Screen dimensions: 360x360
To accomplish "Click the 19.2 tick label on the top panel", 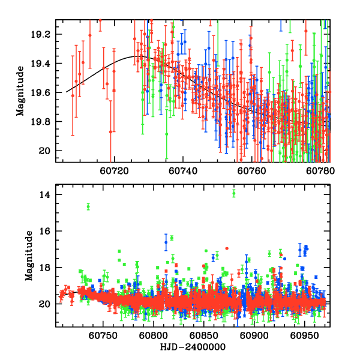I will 44,34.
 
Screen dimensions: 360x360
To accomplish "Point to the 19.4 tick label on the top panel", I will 44,63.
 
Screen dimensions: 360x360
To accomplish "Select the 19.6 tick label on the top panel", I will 44,92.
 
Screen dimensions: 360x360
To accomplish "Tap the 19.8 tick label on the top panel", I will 44,121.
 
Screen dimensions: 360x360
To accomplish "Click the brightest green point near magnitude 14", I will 234,193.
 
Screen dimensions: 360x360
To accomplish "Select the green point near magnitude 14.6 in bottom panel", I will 88,206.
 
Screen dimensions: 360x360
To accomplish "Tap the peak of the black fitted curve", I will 137,56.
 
